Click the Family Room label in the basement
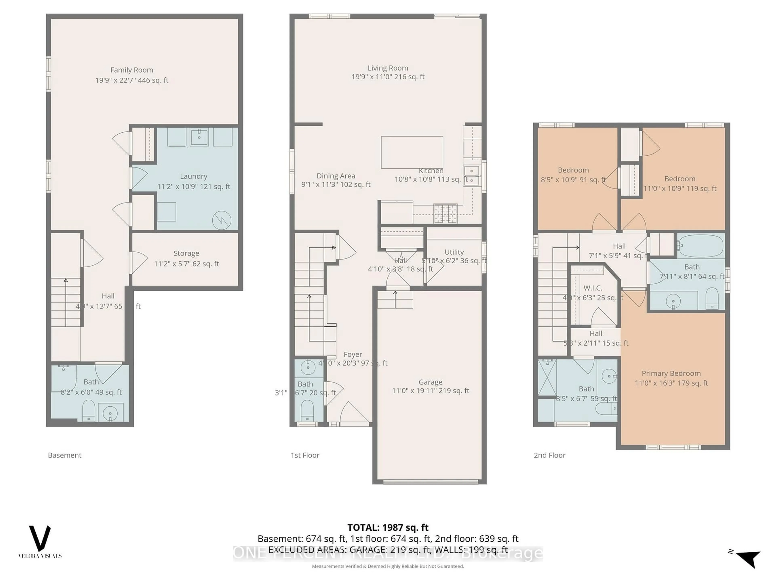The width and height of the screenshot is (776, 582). pyautogui.click(x=132, y=70)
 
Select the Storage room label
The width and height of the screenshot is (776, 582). pyautogui.click(x=186, y=253)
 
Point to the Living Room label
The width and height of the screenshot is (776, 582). pyautogui.click(x=388, y=68)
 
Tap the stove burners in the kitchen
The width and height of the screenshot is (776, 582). pyautogui.click(x=446, y=213)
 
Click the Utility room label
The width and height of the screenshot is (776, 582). pyautogui.click(x=454, y=252)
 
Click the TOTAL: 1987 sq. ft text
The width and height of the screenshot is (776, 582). pyautogui.click(x=388, y=527)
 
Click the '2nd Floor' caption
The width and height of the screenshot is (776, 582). pyautogui.click(x=549, y=455)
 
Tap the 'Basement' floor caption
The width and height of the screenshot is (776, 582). pyautogui.click(x=64, y=455)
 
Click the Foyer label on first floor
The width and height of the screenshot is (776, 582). pyautogui.click(x=353, y=354)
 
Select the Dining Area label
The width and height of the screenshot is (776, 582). pyautogui.click(x=336, y=176)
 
